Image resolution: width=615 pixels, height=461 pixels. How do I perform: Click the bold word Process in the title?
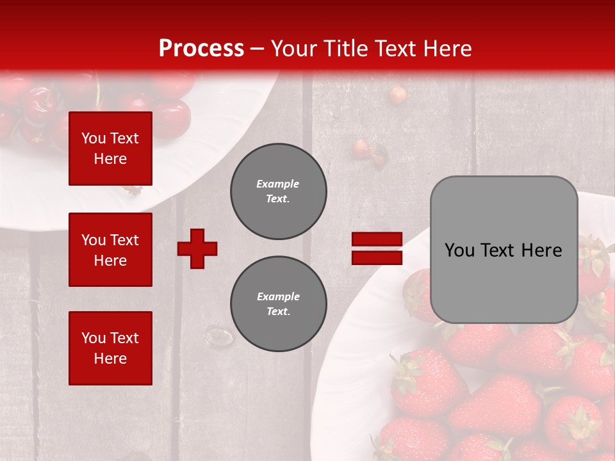201,49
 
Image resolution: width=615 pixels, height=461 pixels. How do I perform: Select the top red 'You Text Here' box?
110,149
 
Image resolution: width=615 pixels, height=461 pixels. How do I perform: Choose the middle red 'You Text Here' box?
110,250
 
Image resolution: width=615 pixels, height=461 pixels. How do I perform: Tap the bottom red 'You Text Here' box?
110,348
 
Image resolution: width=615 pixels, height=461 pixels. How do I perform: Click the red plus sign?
197,248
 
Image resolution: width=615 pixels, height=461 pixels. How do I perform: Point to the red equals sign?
377,248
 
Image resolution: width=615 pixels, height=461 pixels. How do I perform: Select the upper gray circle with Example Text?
279,191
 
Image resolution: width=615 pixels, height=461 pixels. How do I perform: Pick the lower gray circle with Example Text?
279,303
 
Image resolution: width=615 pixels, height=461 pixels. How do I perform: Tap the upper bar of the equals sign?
377,239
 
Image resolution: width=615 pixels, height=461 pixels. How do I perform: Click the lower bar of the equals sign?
377,257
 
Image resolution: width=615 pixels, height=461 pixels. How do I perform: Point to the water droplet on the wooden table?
219,336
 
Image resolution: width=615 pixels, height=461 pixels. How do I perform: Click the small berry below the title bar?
398,95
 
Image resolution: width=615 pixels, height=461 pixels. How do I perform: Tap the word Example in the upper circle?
278,184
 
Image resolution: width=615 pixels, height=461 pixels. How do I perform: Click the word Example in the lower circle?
278,296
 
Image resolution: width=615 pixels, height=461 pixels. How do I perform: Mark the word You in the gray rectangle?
459,250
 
